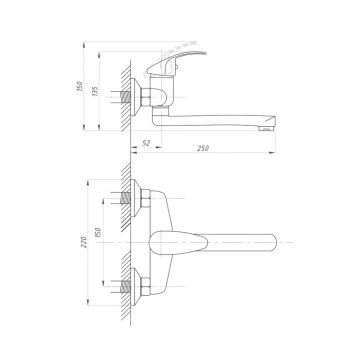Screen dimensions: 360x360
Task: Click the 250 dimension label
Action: coord(203,148)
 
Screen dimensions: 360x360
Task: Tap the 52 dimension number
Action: coord(146,143)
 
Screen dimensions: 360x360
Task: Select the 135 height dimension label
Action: coord(95,91)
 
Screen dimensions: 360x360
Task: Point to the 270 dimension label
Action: coord(84,242)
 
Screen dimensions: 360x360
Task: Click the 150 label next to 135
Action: coord(79,86)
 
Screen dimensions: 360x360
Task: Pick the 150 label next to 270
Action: coord(98,232)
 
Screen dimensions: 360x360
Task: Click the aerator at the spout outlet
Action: coord(266,128)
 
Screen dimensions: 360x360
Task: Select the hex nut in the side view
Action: coord(146,97)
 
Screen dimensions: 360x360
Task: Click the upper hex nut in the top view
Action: coord(146,198)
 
